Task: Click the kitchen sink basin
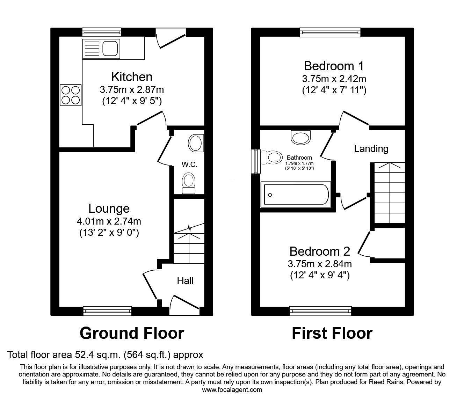(110, 49)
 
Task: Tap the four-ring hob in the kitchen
(71, 95)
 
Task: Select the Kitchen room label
(132, 77)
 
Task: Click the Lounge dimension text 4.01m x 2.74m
(109, 221)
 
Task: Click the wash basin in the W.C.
(196, 143)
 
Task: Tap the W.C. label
(189, 165)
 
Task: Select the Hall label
(185, 281)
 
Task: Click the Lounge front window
(107, 311)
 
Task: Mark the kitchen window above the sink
(102, 32)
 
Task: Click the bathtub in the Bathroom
(296, 195)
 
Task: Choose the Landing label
(371, 149)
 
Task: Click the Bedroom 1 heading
(334, 66)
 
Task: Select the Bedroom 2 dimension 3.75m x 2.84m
(320, 264)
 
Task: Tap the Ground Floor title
(132, 333)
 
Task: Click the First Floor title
(332, 333)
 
